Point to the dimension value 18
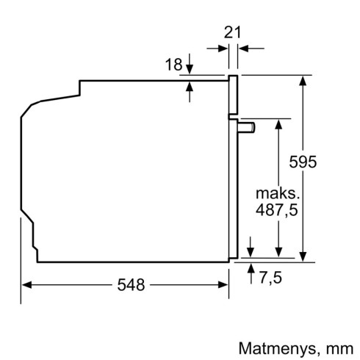point(173,65)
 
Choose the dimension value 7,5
point(270,277)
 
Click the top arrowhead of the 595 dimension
point(302,79)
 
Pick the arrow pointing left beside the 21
point(245,48)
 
